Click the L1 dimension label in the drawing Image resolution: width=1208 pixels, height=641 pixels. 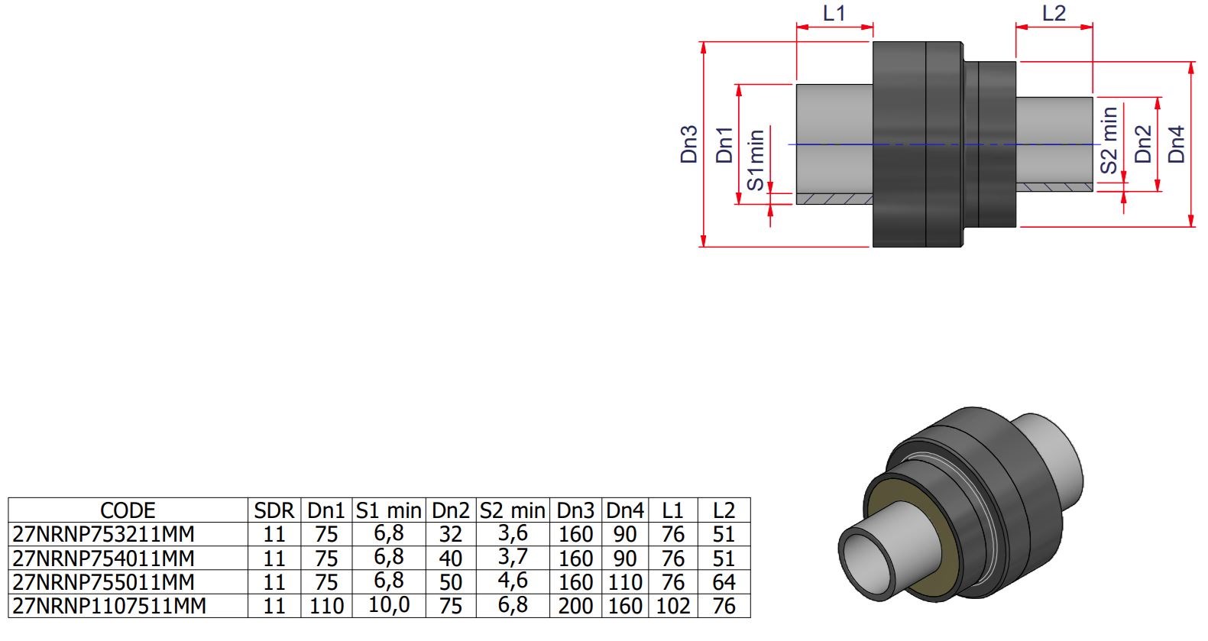[834, 13]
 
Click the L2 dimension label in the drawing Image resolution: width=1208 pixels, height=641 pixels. [1054, 13]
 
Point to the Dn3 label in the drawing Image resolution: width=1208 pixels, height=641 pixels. [689, 144]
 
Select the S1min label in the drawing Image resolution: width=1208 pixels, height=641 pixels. [756, 160]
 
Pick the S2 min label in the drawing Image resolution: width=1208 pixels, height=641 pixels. [1109, 140]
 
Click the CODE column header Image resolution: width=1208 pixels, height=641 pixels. [128, 510]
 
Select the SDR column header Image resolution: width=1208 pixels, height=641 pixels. [274, 510]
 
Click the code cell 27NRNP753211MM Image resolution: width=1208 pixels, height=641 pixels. [103, 534]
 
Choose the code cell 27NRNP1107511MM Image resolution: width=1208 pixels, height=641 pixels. [109, 606]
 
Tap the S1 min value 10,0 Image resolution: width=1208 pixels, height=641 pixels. [389, 605]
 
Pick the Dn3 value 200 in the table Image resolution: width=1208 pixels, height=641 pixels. [575, 606]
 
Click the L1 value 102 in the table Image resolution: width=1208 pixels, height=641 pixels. [673, 606]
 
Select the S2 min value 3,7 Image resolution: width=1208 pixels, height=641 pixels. [513, 557]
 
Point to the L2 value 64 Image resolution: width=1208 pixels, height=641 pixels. [724, 582]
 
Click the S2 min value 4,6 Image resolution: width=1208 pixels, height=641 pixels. [513, 581]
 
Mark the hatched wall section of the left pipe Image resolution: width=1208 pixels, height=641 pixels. [834, 199]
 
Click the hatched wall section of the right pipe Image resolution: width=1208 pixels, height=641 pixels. [1054, 187]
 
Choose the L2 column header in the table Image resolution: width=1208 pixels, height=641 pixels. [724, 510]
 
